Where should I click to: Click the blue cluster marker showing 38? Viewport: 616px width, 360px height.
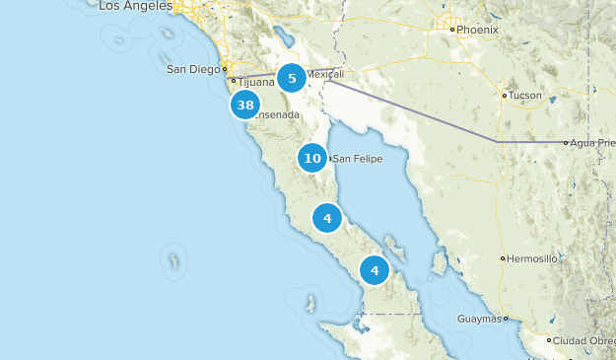click(x=245, y=105)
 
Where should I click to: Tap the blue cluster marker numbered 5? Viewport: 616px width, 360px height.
click(x=292, y=78)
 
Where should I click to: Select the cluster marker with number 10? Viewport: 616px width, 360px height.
click(x=312, y=158)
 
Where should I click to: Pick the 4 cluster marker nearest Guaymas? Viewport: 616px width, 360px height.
click(x=375, y=269)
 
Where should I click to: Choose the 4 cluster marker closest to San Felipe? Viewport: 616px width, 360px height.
click(x=327, y=218)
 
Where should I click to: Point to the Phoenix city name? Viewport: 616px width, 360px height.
click(x=478, y=30)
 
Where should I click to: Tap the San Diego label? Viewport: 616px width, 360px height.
click(x=191, y=69)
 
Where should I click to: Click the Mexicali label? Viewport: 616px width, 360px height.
click(x=325, y=74)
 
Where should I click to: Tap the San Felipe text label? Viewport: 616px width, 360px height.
click(x=357, y=159)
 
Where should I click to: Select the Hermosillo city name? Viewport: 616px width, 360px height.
click(x=533, y=259)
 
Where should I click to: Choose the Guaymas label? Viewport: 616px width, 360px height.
click(x=480, y=319)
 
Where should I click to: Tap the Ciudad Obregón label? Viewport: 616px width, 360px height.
click(x=582, y=341)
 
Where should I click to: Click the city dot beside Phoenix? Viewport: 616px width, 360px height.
click(x=452, y=30)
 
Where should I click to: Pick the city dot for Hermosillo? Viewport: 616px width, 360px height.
click(x=504, y=259)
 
